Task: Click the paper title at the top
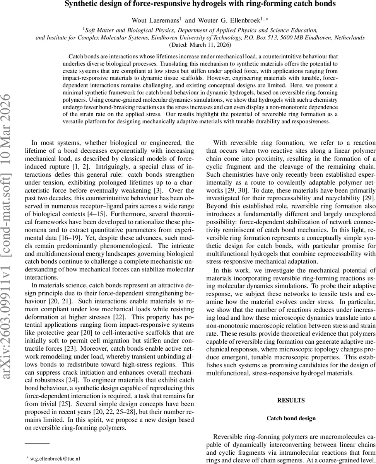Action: point(200,4)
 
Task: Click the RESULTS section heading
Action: point(291,400)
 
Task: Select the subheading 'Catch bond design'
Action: point(291,418)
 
